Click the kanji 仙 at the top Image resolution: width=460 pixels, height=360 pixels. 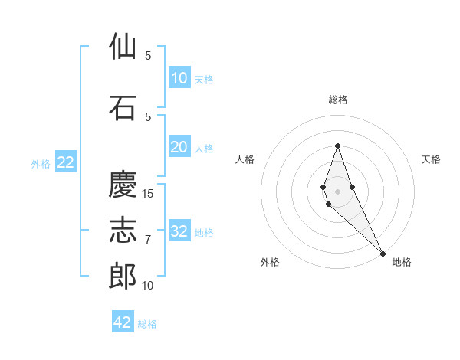[x=123, y=47]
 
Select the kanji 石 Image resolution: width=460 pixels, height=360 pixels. [x=123, y=107]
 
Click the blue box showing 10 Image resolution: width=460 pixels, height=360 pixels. [x=179, y=78]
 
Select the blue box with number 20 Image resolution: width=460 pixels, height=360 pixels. [x=179, y=147]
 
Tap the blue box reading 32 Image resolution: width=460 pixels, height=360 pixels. [x=179, y=231]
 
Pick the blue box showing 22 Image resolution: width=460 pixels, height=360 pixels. [x=66, y=162]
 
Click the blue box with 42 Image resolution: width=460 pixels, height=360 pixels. [x=123, y=322]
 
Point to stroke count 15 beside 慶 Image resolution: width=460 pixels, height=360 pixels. [x=148, y=193]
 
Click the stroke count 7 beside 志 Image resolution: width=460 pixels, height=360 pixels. [x=148, y=239]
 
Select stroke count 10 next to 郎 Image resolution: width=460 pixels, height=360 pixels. [x=148, y=286]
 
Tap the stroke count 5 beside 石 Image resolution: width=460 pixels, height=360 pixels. [x=148, y=116]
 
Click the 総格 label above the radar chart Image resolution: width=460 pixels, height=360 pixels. [x=337, y=100]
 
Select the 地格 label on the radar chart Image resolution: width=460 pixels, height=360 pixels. [x=402, y=262]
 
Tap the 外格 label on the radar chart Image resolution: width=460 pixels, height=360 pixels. [x=270, y=262]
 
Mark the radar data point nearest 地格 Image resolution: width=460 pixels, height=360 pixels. [x=383, y=254]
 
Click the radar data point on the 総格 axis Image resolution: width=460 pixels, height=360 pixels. [x=337, y=146]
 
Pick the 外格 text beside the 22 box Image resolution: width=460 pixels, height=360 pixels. [x=41, y=163]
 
